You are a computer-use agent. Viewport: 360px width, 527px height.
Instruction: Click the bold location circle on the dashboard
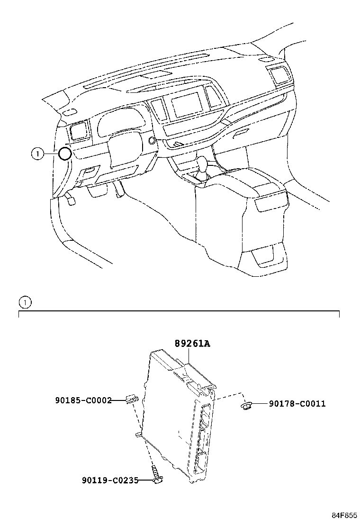65,153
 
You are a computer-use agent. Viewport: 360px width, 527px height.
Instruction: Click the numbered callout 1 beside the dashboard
37,153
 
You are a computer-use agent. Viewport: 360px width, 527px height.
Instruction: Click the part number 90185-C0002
83,400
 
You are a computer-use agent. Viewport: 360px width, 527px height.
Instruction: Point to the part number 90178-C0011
297,404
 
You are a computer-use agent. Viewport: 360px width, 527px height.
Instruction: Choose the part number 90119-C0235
109,481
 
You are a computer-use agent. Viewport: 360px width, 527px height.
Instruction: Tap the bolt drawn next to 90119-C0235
156,476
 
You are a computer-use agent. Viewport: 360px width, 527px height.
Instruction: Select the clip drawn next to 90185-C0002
131,400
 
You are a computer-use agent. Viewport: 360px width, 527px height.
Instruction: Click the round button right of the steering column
152,140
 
